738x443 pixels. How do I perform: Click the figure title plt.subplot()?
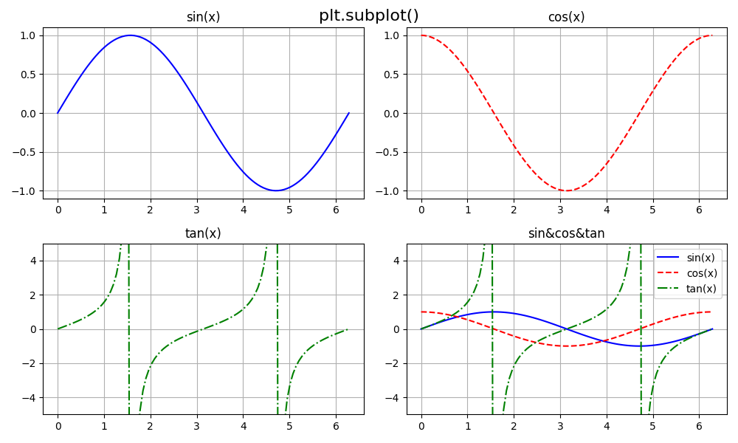click(x=368, y=16)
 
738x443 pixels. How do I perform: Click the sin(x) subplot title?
click(x=203, y=17)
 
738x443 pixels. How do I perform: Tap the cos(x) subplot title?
click(x=566, y=17)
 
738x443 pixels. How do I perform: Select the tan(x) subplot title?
click(x=203, y=233)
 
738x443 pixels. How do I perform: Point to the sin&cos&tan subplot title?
click(x=566, y=233)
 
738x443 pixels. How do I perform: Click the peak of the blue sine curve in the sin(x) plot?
click(x=131, y=35)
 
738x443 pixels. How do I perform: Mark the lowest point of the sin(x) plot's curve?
click(x=276, y=190)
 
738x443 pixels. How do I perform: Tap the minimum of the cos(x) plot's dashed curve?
click(x=567, y=190)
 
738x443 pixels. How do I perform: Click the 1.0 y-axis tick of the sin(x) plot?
click(x=27, y=35)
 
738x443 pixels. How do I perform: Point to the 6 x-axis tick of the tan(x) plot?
click(x=336, y=426)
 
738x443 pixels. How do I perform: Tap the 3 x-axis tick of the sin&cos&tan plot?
click(x=560, y=426)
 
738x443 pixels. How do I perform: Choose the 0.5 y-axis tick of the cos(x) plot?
click(x=391, y=75)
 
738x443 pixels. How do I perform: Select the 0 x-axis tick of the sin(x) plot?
click(x=58, y=210)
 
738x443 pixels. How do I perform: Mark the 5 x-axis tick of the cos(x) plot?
click(x=653, y=210)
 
